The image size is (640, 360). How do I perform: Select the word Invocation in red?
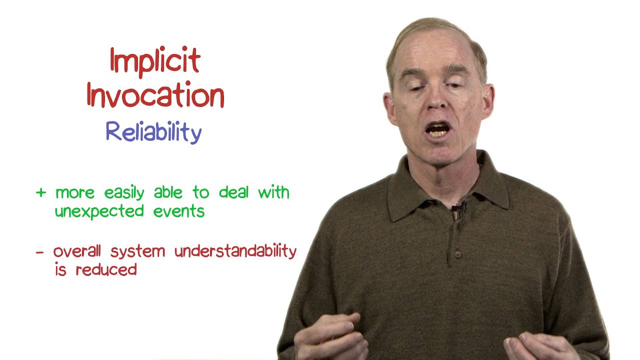click(x=155, y=96)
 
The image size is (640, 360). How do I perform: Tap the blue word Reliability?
click(x=153, y=132)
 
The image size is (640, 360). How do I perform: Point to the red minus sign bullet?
click(x=40, y=252)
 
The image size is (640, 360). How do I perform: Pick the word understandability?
click(x=235, y=251)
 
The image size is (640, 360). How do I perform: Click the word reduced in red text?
click(x=106, y=270)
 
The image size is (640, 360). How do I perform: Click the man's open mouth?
click(x=438, y=130)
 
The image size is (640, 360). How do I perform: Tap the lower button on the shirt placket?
click(x=457, y=254)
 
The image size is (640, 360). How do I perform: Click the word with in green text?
click(x=273, y=192)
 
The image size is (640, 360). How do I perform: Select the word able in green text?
click(x=168, y=192)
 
